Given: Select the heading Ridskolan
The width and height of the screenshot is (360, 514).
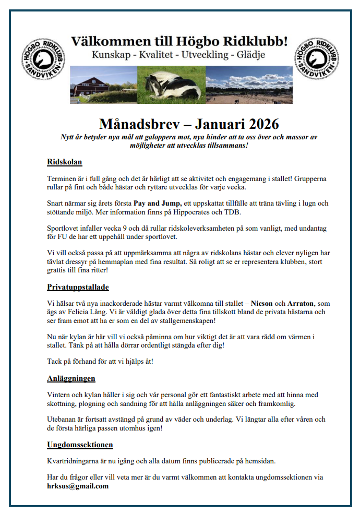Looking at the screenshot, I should point(64,161).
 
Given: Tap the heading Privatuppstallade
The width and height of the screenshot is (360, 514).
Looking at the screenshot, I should point(78,286).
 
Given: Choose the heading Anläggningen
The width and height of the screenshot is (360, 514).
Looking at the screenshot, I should point(71,378).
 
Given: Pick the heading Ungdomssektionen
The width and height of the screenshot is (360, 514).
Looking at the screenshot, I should point(80,445).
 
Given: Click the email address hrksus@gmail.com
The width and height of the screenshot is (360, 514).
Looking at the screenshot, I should point(78,486).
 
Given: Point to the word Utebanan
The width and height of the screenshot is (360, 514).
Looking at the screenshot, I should point(63,420).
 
